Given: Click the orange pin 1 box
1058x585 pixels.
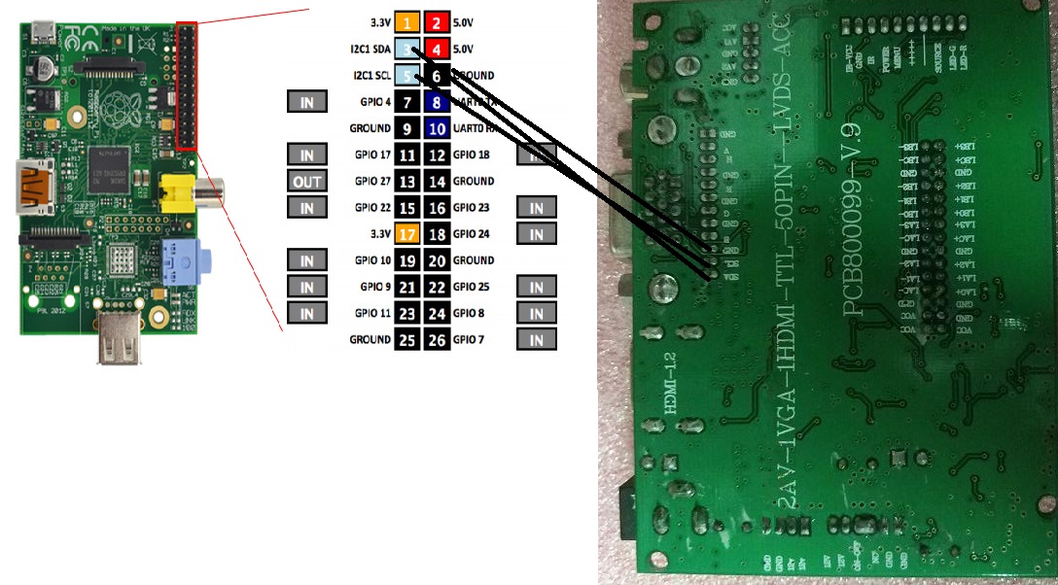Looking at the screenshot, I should [408, 21].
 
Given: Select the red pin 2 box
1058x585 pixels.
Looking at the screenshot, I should [437, 21].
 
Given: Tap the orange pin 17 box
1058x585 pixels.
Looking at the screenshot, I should [408, 233].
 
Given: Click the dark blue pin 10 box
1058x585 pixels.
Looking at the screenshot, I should [437, 127].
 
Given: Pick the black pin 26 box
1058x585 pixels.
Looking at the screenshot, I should [437, 339].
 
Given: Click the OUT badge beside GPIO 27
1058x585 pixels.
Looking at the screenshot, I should [307, 181].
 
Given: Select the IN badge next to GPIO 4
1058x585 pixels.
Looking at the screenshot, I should [307, 101].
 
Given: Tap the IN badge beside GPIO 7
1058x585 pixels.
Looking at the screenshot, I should [537, 339].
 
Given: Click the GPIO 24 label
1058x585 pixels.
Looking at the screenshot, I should [473, 233].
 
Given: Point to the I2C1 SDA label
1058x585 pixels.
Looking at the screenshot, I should [373, 49].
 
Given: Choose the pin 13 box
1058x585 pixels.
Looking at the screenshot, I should [408, 181].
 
